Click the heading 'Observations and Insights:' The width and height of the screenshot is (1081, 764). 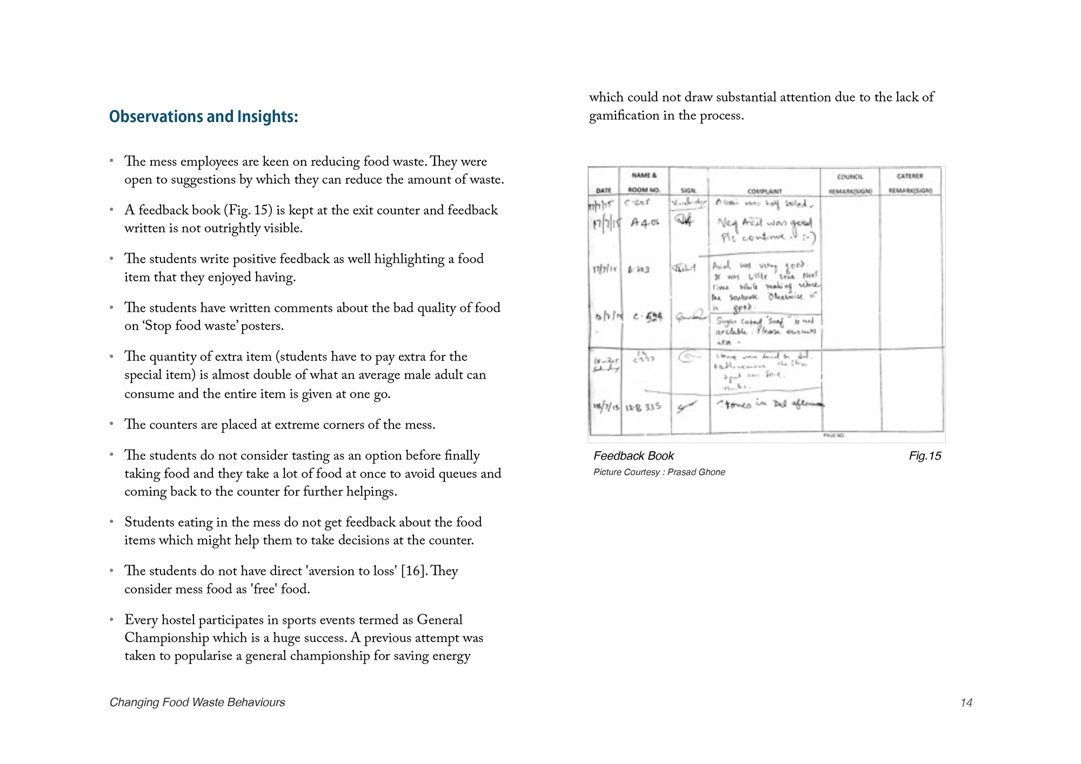(x=203, y=117)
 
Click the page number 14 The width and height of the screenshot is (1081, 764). (x=966, y=702)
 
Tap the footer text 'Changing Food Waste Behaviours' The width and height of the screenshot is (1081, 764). (x=197, y=702)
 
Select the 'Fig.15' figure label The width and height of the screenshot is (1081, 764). (x=925, y=456)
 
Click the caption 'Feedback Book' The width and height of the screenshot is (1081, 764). (x=633, y=456)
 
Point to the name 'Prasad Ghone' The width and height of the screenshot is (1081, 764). (x=696, y=472)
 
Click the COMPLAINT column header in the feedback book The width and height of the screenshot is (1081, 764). (x=764, y=191)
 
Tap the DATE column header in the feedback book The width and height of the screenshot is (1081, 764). (x=603, y=191)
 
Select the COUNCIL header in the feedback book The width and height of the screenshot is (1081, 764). (x=850, y=177)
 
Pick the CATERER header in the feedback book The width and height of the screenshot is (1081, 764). (x=910, y=177)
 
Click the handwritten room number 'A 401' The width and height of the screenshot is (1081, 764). (x=645, y=222)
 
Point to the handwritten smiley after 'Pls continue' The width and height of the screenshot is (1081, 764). (x=809, y=237)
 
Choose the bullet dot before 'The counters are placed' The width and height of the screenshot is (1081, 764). (x=111, y=424)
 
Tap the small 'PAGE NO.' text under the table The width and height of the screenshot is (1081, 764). (x=833, y=435)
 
